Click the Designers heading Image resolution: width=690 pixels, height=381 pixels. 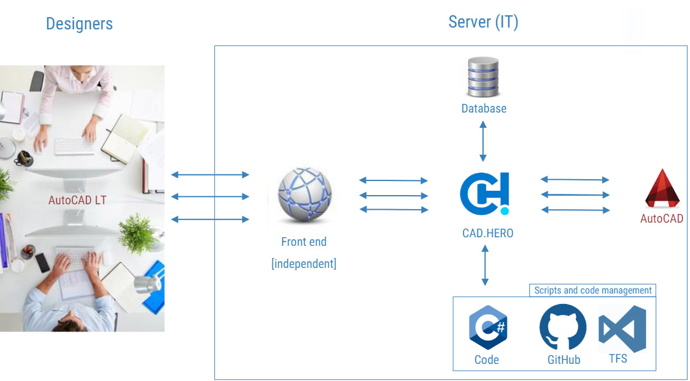pos(79,23)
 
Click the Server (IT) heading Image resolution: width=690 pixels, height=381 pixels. pos(483,22)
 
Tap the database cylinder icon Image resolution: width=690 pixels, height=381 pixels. pos(483,76)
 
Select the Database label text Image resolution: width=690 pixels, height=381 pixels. pos(484,108)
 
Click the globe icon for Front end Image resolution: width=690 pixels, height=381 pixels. pos(305,194)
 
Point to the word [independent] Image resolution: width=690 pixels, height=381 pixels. pos(304,264)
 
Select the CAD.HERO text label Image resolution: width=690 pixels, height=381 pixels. pos(487,233)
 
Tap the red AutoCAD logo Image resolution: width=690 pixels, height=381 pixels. pos(663,188)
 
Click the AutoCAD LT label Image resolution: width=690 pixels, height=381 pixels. pos(78,200)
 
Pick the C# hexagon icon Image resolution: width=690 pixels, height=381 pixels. pos(488,327)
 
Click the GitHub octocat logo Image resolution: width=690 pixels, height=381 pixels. pos(563,327)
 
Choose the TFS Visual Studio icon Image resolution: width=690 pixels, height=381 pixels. pos(622,328)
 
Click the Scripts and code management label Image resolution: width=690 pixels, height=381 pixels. pos(593,290)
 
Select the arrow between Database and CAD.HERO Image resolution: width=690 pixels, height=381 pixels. pos(483,141)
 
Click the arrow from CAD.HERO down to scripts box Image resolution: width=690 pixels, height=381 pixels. pos(485,265)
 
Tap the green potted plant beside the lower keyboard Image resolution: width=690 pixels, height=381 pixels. pos(137,233)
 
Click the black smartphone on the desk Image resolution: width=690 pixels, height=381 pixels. pos(42,263)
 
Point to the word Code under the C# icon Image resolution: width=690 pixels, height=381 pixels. pos(487,360)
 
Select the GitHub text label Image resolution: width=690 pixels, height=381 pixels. pos(564,360)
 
